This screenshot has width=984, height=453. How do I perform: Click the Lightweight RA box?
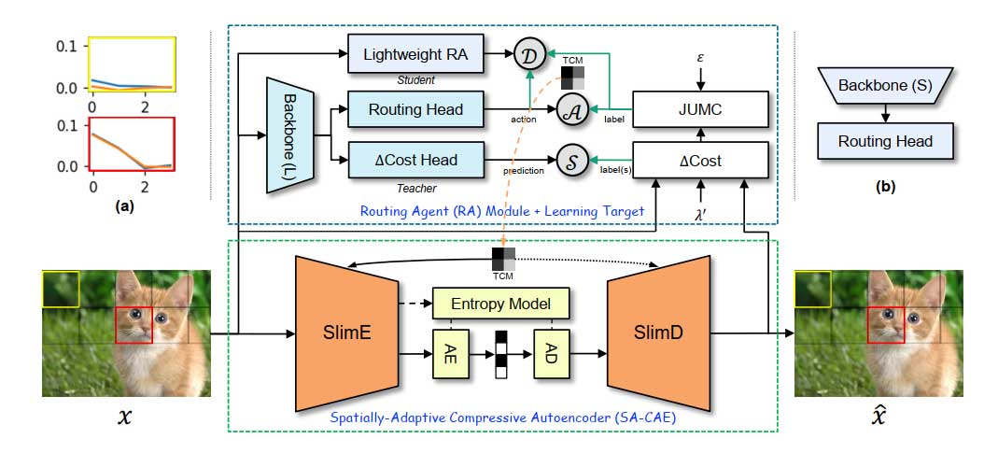(415, 56)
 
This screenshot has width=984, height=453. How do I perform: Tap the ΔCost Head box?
(415, 160)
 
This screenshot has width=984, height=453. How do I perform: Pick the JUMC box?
(700, 110)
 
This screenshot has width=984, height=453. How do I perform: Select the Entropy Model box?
(500, 303)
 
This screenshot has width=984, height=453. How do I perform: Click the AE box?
(452, 353)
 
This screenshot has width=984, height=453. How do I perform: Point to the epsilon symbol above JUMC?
(700, 59)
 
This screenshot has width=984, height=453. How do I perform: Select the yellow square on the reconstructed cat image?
(811, 290)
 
